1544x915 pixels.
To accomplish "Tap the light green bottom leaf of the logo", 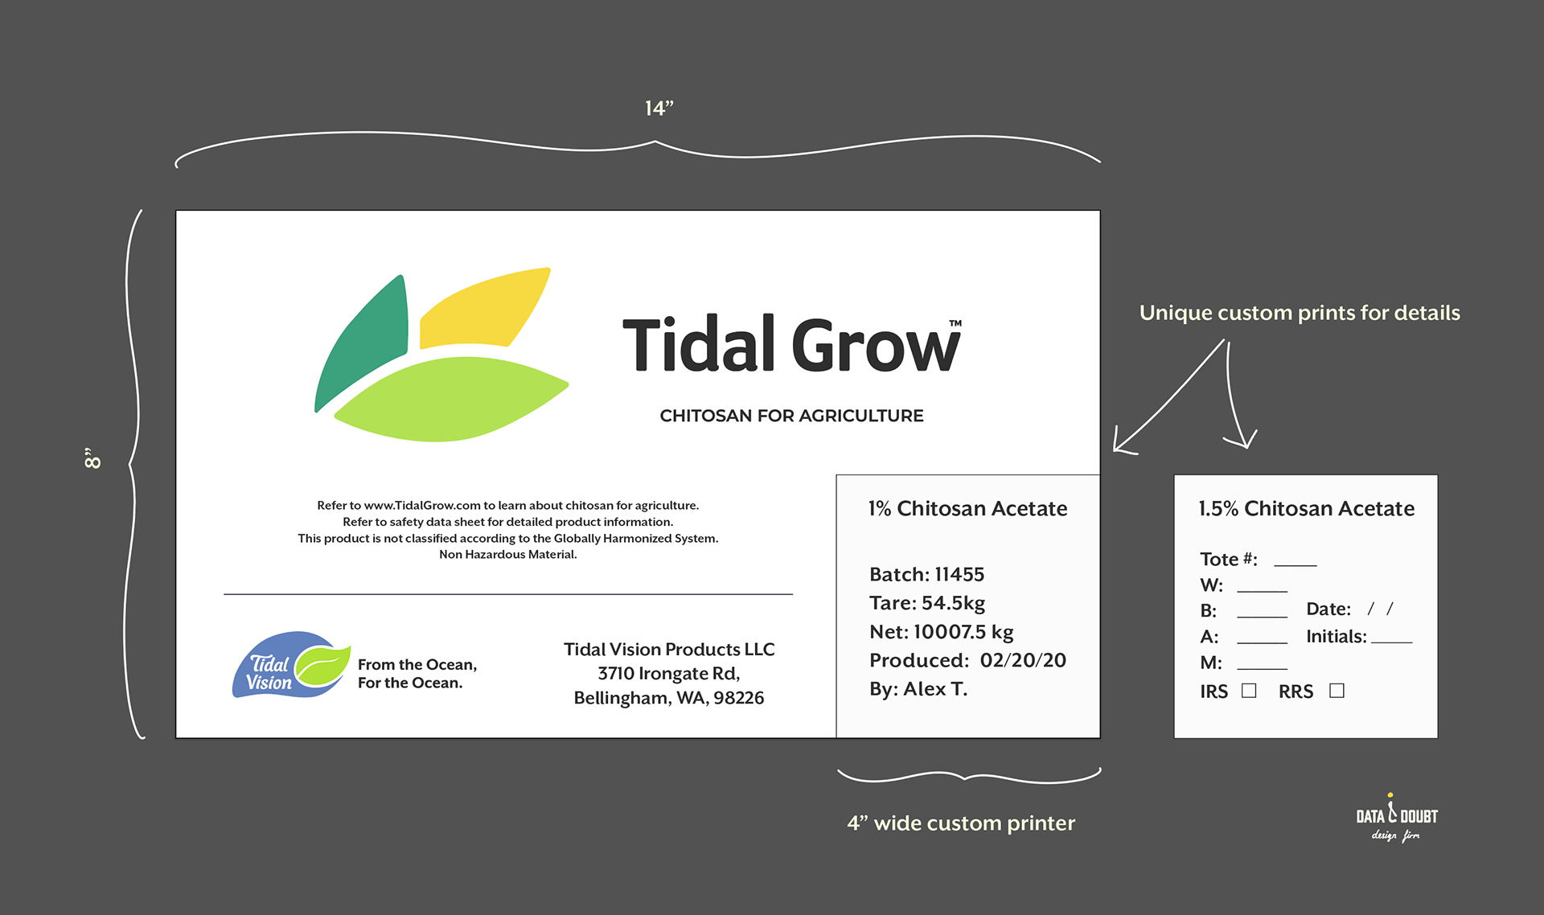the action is coord(450,399).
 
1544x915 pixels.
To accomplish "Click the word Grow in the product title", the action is coord(877,345).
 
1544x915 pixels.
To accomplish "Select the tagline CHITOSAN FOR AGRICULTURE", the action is coord(791,416).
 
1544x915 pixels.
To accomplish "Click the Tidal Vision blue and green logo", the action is coord(292,665).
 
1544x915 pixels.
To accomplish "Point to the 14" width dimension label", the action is coord(659,109).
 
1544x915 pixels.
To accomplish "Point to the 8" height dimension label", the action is coord(92,458).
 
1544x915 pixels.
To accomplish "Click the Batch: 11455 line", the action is coord(926,574).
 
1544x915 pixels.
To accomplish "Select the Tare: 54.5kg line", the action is coord(926,603).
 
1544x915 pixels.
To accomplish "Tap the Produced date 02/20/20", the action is coord(1023,660).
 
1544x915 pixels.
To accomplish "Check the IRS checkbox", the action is coord(1249,691).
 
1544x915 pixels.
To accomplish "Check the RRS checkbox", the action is coord(1337,691).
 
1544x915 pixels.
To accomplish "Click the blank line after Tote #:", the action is coord(1296,565).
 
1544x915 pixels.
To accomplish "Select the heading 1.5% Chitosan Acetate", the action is coord(1307,508).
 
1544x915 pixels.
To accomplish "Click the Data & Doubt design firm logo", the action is coord(1397,818).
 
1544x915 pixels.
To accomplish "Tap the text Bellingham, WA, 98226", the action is coord(669,698).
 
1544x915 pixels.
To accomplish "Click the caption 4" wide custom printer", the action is coord(961,823).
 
